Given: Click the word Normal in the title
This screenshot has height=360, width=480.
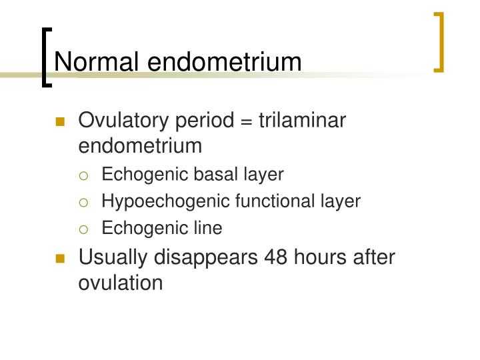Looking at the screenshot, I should pos(97,61).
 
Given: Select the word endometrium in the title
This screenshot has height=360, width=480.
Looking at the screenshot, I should pos(225,61).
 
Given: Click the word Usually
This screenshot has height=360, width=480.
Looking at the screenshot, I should pos(113,257).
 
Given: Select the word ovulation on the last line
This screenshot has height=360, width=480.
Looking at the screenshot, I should pos(121,282).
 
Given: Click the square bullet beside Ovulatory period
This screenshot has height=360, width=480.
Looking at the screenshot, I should pos(61,122).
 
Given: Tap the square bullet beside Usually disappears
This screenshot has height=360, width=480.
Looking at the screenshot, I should pos(61,258).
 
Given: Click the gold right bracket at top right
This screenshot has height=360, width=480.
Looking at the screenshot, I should pos(440,41).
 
